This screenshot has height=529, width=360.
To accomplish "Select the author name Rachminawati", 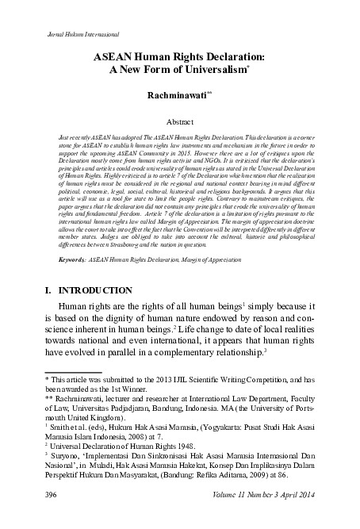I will [x=177, y=94].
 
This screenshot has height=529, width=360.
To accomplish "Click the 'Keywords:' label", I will [x=64, y=259].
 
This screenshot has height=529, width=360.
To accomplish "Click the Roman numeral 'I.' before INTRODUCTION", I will [x=51, y=291].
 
